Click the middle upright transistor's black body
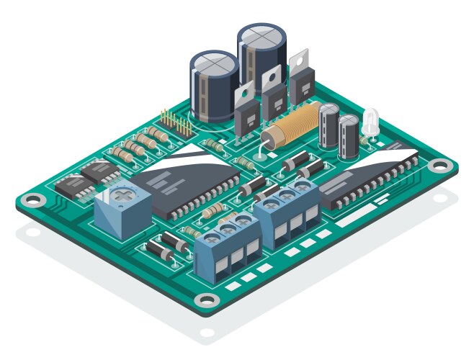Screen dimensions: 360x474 click(x=272, y=101)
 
